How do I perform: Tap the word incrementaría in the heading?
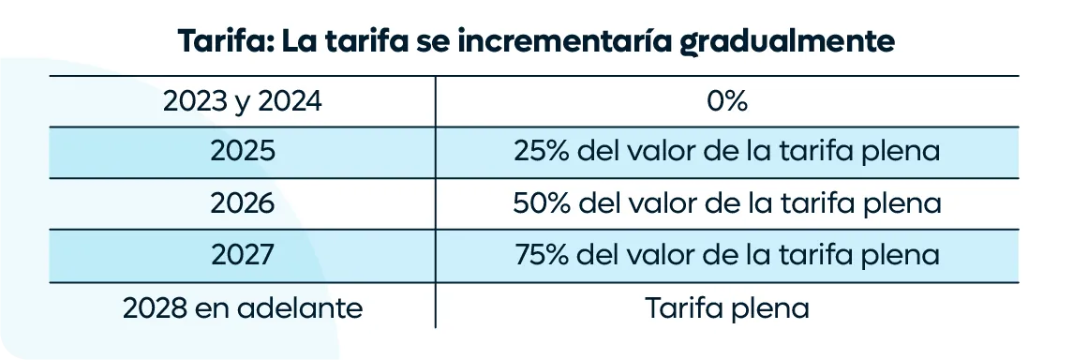point(559,41)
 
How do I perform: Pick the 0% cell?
point(726,102)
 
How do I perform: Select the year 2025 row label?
point(243,152)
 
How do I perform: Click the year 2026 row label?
point(243,203)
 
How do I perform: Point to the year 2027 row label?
point(243,255)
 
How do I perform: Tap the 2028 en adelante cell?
point(243,308)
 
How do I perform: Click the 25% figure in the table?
point(542,152)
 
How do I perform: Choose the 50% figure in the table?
point(542,203)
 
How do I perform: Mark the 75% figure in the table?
point(542,255)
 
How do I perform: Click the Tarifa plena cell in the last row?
point(727,308)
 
